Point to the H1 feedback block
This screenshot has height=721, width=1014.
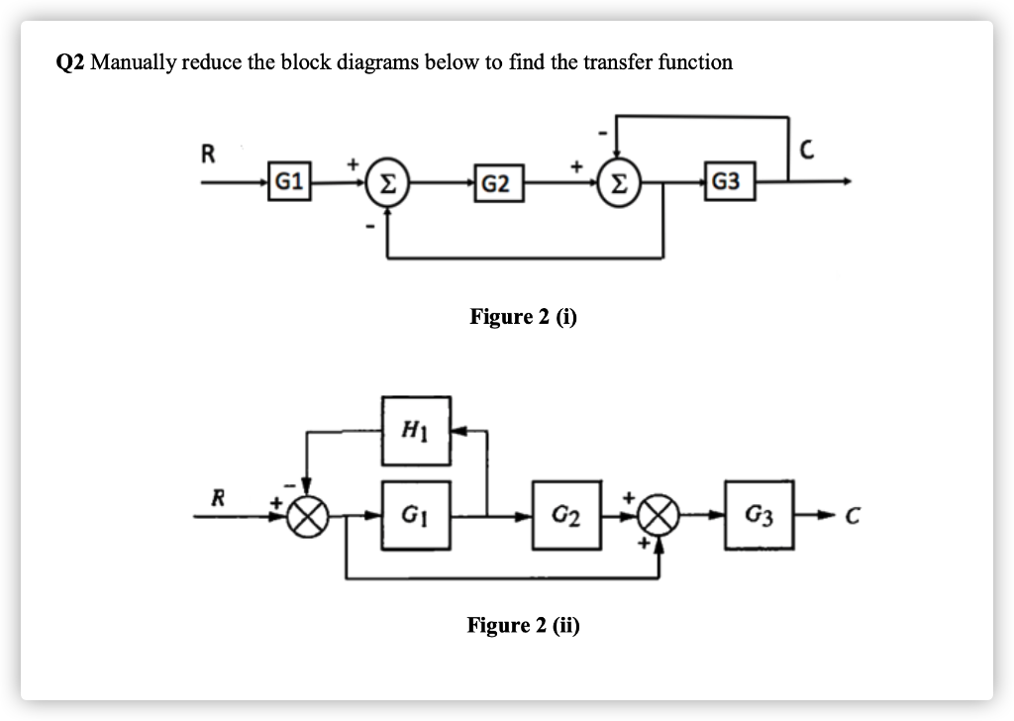coord(416,431)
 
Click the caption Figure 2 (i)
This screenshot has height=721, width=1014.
coord(523,317)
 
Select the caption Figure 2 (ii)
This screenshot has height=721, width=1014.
coord(523,625)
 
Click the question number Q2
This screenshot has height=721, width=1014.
coord(69,63)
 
